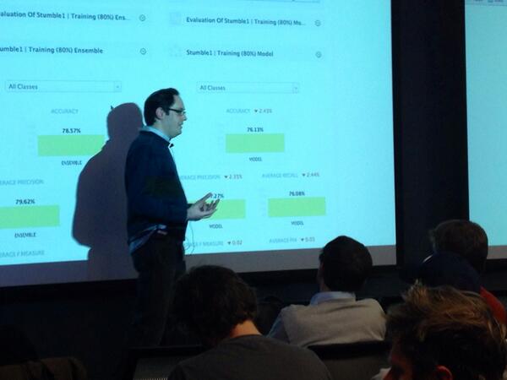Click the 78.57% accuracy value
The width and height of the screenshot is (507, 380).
71,131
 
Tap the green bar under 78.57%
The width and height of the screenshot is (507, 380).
71,145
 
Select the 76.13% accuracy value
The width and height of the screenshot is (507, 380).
254,130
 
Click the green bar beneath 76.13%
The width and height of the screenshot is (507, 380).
254,143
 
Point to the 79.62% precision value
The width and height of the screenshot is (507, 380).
29,202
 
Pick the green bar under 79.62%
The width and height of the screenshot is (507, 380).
29,216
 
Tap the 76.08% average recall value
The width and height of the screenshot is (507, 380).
297,193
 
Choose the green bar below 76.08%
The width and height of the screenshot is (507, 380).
297,207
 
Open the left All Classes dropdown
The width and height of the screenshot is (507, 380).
63,86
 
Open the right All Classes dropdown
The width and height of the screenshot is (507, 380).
248,88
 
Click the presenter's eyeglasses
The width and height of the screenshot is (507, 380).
176,111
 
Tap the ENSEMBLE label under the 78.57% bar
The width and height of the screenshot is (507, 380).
71,163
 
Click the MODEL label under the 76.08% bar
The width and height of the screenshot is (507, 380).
297,223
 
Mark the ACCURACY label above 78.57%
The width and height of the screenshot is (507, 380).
64,111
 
